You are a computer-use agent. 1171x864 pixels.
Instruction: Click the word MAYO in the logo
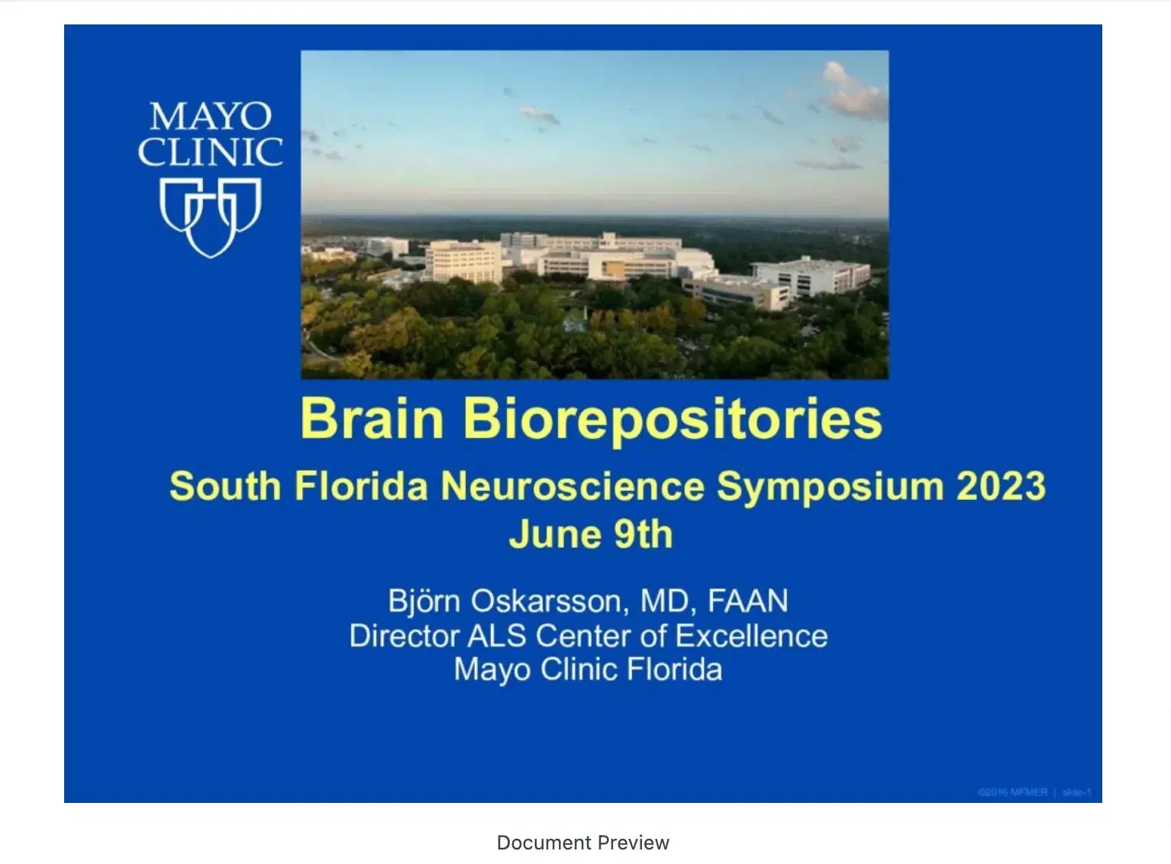point(211,117)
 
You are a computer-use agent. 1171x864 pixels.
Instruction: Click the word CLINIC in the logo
point(211,152)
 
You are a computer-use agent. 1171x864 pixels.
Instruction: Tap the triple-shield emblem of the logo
point(211,216)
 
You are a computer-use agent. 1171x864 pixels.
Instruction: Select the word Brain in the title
point(372,418)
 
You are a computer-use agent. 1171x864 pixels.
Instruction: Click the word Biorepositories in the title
point(673,420)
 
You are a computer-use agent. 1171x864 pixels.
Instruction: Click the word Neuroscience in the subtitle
point(573,486)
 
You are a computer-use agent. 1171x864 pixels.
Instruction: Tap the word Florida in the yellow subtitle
point(361,486)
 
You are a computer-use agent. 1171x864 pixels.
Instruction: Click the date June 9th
point(591,534)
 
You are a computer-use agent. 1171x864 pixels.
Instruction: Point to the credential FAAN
point(748,601)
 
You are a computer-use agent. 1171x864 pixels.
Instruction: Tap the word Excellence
point(751,636)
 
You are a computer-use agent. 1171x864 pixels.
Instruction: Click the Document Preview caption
point(583,843)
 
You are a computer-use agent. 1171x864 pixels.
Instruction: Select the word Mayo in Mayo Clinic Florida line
point(492,670)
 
